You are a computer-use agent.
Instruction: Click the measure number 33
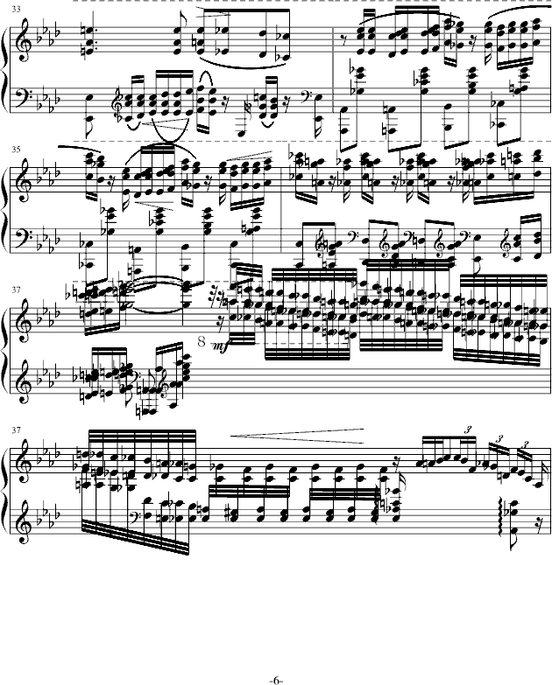tap(11, 9)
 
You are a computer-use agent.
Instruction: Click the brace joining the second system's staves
tap(7, 209)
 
